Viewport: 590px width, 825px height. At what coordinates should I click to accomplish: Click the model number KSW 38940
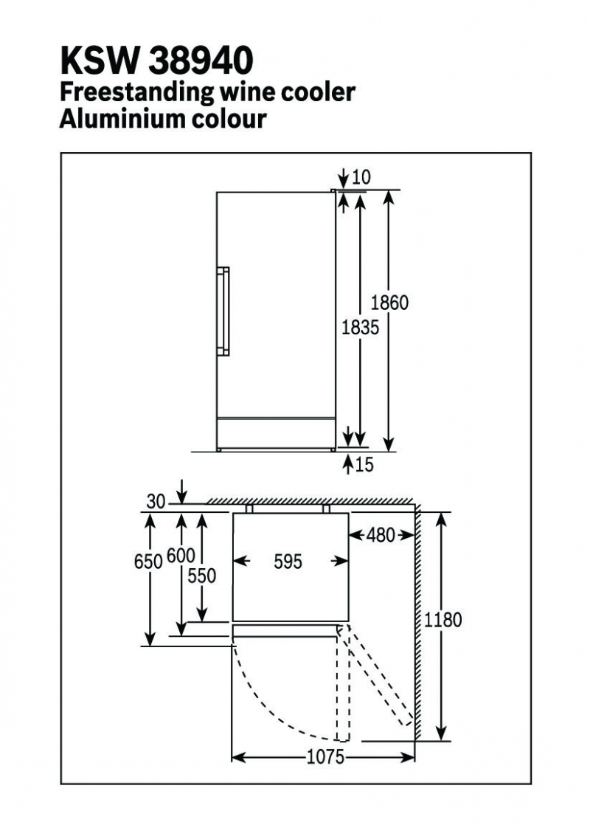[156, 61]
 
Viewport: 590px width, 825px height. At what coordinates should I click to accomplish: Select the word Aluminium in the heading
[122, 118]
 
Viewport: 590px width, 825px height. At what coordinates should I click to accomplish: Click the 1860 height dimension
[389, 303]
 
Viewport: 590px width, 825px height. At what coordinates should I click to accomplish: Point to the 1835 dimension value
[360, 327]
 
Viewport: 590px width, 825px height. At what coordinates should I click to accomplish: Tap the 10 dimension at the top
[361, 177]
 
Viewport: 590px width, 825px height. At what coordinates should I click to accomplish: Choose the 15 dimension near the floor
[364, 465]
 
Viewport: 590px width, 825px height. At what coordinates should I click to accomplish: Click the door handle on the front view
[223, 311]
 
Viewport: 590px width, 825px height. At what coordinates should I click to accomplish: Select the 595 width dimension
[288, 562]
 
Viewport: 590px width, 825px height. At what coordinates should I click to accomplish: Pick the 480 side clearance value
[381, 536]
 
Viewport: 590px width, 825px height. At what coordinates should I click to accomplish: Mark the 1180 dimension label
[442, 620]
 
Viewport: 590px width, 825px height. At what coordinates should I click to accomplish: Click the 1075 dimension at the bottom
[326, 757]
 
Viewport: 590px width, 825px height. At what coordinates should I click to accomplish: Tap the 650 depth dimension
[148, 562]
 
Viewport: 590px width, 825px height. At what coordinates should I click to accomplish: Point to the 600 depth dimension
[181, 556]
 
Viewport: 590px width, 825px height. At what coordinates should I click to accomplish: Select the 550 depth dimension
[202, 576]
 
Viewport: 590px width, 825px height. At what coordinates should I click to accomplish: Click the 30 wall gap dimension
[156, 502]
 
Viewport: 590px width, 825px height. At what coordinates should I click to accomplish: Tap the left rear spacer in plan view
[249, 508]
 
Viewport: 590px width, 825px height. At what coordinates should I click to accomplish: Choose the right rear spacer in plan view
[326, 508]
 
